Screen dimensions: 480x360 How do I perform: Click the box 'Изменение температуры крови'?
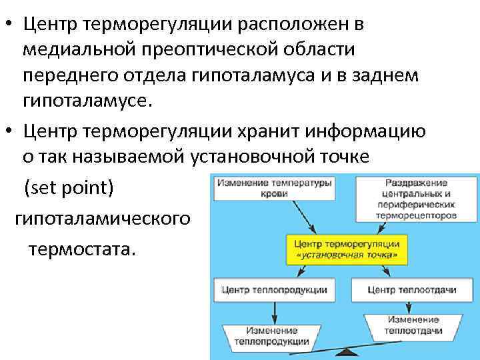[273, 188]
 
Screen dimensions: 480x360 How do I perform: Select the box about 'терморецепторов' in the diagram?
[416, 199]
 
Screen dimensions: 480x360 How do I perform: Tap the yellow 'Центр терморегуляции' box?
[340, 248]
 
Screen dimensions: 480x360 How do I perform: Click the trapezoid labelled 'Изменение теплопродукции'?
[270, 336]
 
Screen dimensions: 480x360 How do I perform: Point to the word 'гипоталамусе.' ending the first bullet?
[88, 101]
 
